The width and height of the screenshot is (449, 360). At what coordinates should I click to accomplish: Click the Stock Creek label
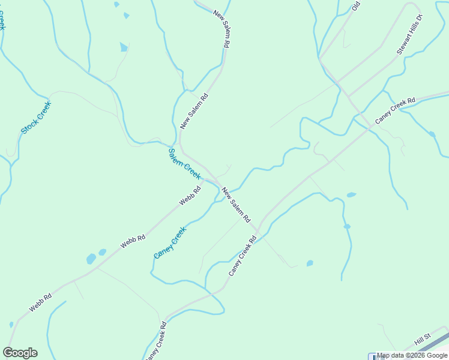pyautogui.click(x=36, y=117)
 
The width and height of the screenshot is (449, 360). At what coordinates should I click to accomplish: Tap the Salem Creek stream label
pyautogui.click(x=184, y=163)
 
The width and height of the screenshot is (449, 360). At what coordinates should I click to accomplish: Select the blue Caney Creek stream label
pyautogui.click(x=170, y=242)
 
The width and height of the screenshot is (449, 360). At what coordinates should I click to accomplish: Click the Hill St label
pyautogui.click(x=423, y=341)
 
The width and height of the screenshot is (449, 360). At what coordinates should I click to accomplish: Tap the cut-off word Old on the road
pyautogui.click(x=355, y=7)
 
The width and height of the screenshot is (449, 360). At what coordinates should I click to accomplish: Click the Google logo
pyautogui.click(x=20, y=353)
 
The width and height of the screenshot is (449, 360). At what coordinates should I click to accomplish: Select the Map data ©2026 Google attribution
pyautogui.click(x=412, y=355)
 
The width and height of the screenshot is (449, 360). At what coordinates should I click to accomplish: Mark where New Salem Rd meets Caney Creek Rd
pyautogui.click(x=258, y=231)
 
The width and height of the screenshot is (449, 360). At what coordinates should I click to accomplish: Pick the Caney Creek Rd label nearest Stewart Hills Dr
pyautogui.click(x=395, y=111)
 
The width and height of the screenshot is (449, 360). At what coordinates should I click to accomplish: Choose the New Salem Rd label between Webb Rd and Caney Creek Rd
pyautogui.click(x=236, y=206)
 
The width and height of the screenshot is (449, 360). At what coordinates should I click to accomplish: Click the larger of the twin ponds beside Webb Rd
pyautogui.click(x=91, y=259)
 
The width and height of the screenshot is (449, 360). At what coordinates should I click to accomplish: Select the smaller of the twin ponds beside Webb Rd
pyautogui.click(x=102, y=253)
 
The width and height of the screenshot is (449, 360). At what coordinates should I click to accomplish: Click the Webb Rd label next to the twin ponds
pyautogui.click(x=133, y=242)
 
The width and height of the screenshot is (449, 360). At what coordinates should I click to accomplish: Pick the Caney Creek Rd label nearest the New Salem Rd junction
pyautogui.click(x=242, y=256)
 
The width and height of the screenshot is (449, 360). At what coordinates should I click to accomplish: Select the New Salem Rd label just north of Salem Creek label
pyautogui.click(x=194, y=111)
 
